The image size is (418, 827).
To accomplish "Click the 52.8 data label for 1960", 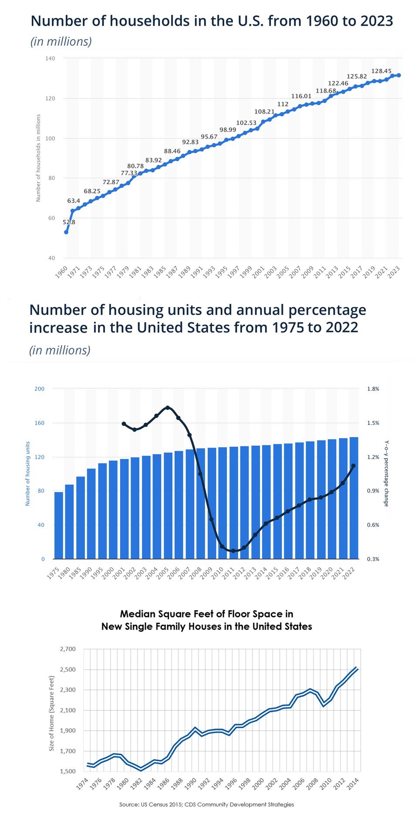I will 69,222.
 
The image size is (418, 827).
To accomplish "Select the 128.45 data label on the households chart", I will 381,71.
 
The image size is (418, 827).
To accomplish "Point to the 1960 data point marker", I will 66,232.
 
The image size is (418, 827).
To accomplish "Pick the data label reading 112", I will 283,104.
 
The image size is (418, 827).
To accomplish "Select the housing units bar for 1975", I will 59,525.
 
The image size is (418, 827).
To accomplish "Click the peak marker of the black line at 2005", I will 168,408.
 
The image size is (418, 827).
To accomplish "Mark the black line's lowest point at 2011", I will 233,551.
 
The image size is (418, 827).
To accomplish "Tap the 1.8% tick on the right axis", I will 373,389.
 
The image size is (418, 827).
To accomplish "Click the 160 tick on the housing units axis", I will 40,423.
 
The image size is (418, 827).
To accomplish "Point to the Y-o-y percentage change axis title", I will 386,473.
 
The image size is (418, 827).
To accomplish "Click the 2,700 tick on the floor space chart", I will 67,649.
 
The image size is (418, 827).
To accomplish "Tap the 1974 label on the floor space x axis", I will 82,784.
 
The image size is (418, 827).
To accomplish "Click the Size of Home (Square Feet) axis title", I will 51,713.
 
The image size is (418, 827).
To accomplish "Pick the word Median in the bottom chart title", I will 137,614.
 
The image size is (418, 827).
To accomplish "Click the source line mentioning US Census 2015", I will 206,804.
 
